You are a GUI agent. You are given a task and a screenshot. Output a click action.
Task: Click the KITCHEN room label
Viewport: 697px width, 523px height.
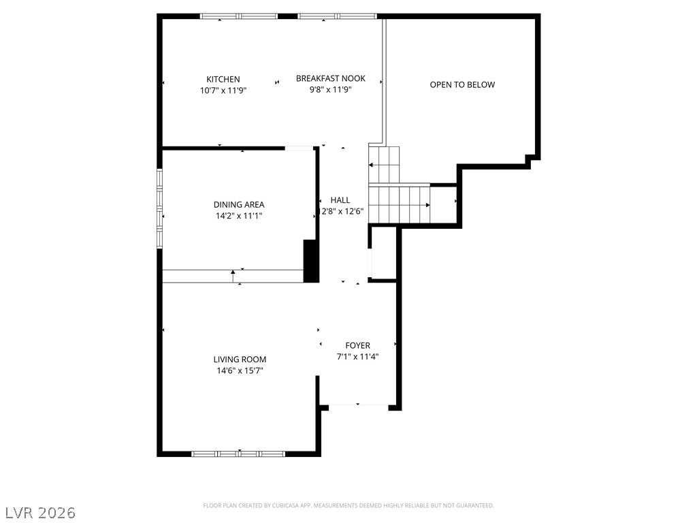(223, 80)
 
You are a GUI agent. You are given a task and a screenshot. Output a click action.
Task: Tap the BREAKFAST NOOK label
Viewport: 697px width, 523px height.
(331, 79)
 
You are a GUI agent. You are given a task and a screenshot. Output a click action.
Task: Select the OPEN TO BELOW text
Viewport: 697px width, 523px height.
(462, 85)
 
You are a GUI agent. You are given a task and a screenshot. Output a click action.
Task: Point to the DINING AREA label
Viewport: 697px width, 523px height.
(239, 205)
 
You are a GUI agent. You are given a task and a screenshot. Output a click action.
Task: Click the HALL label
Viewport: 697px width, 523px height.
(340, 200)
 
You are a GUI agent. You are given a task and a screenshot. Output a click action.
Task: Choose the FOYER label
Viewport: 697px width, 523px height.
(358, 345)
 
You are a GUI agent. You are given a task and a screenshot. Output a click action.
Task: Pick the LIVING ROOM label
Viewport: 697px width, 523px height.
(240, 360)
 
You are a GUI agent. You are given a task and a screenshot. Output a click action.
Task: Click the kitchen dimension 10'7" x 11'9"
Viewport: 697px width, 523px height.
(223, 91)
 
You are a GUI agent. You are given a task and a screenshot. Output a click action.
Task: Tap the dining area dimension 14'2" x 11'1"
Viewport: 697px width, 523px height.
(239, 216)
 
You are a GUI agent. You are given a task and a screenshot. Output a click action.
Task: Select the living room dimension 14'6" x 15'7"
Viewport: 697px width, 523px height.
(240, 371)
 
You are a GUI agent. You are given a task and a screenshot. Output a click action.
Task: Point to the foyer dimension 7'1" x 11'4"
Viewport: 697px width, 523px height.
(358, 357)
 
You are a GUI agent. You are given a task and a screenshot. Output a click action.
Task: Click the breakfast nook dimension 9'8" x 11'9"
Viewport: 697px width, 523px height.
(331, 90)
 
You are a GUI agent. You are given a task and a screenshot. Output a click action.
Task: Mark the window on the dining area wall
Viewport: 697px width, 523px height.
(159, 207)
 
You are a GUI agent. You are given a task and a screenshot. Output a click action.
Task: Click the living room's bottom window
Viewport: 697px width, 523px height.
(238, 454)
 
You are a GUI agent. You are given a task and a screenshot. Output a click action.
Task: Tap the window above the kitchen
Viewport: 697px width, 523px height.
(239, 16)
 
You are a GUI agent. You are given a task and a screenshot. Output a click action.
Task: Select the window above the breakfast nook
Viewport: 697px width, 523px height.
(338, 16)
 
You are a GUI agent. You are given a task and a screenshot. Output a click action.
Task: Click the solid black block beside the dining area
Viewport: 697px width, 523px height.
(311, 261)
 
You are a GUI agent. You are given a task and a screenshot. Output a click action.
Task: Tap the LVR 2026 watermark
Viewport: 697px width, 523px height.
(38, 513)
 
